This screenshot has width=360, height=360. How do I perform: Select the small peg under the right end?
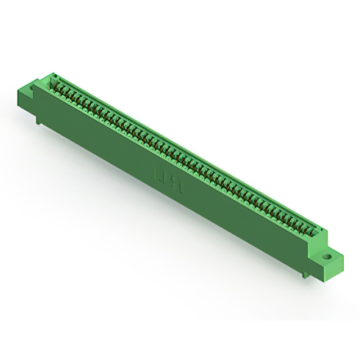coord(304,273)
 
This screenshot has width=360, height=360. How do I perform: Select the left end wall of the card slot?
coord(52,82)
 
